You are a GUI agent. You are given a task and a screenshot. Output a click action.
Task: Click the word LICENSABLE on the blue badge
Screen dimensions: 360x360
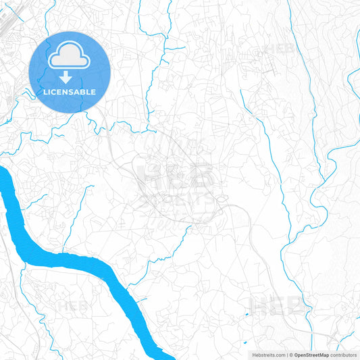[x=70, y=92]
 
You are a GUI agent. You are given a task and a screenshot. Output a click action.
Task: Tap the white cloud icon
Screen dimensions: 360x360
[x=70, y=56]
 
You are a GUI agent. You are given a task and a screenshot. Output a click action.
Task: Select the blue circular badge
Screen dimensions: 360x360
[x=70, y=72]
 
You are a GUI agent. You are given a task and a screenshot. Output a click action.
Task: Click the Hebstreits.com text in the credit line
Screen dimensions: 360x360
[x=265, y=355]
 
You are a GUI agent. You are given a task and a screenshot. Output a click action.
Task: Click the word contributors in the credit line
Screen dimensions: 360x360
[x=344, y=355]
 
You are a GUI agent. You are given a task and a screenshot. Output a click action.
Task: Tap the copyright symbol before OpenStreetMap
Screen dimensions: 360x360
[x=291, y=355]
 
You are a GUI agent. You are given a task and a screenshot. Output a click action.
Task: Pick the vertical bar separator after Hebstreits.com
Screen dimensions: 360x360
[x=286, y=355]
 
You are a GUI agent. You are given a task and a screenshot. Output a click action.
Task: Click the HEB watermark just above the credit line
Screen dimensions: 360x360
[x=277, y=305]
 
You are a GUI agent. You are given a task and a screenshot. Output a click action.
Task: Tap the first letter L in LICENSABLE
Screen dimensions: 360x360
[x=45, y=92]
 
